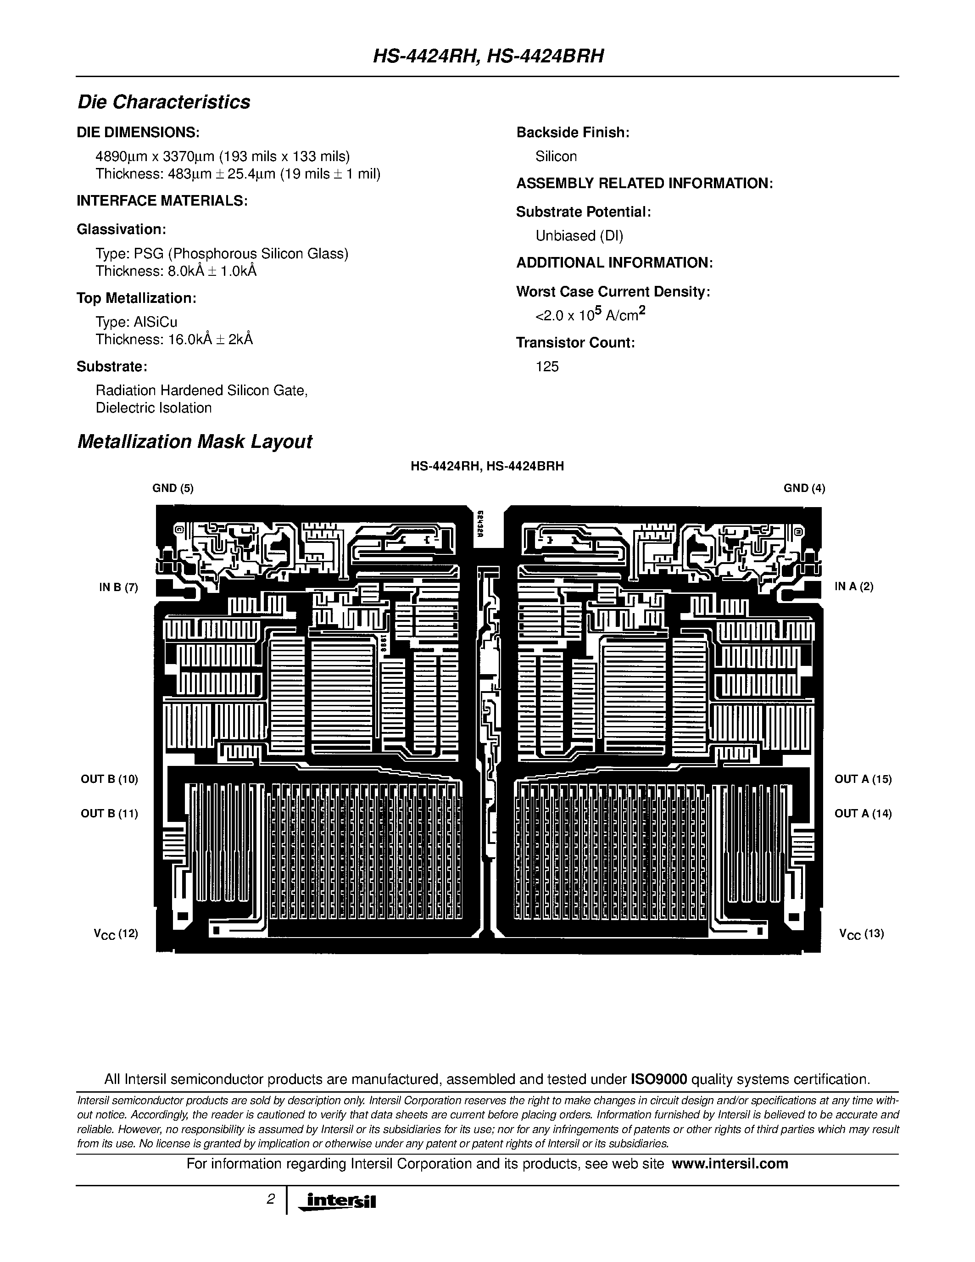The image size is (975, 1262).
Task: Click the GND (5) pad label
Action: [173, 488]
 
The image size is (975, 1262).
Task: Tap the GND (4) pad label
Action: [804, 488]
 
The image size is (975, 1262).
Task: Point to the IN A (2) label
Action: [854, 586]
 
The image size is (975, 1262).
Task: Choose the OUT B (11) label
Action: [109, 814]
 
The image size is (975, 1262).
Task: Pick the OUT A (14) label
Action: [863, 814]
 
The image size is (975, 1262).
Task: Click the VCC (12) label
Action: [116, 934]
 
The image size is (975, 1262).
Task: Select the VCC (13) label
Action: [861, 934]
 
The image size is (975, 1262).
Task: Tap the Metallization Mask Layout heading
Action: [194, 442]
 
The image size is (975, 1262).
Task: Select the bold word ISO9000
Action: [658, 1079]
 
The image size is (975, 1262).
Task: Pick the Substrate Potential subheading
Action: [583, 212]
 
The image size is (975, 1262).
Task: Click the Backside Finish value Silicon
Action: [556, 156]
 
